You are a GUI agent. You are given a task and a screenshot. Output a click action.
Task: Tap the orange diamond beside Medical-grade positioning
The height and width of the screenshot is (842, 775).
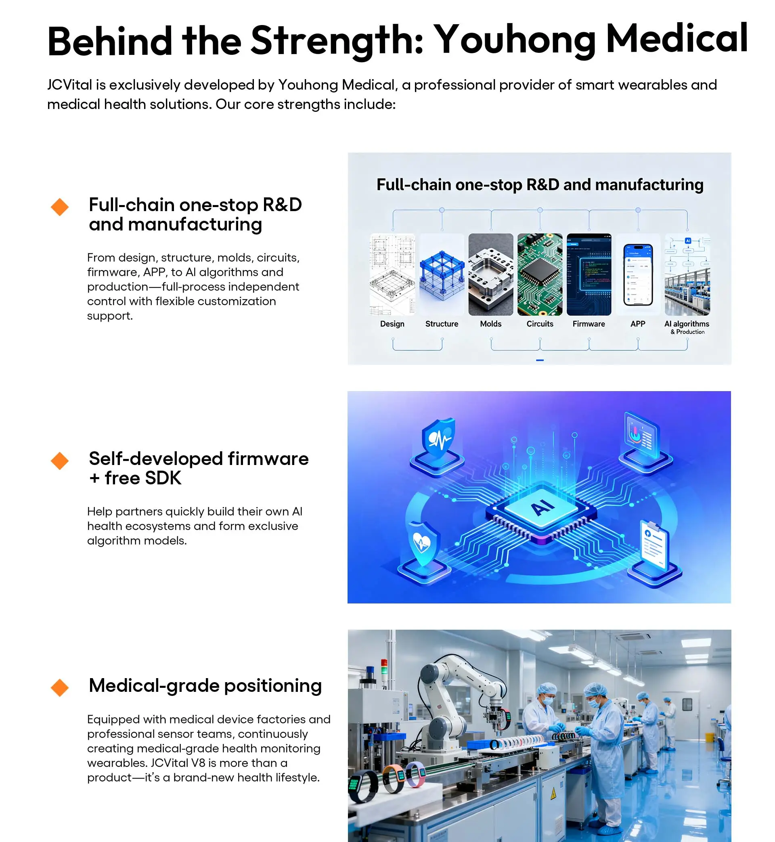click(x=60, y=688)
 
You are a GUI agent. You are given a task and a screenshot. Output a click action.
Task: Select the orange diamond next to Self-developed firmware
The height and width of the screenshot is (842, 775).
click(x=60, y=461)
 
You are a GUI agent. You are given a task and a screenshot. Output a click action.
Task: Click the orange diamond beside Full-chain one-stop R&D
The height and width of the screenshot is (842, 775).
click(x=60, y=207)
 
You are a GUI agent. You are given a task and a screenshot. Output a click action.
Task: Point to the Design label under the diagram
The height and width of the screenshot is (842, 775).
click(x=392, y=324)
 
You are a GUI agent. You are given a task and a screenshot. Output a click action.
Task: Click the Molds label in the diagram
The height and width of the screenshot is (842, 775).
click(x=491, y=324)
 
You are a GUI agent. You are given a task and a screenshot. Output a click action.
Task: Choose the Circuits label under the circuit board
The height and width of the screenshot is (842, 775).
click(x=540, y=324)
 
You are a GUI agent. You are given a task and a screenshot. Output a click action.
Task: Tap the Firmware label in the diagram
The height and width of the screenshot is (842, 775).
click(x=589, y=324)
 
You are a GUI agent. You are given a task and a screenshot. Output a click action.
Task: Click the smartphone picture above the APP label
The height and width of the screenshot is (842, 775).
click(x=638, y=274)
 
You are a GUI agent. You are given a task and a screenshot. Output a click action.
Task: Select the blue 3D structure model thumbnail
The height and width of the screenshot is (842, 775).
click(x=442, y=274)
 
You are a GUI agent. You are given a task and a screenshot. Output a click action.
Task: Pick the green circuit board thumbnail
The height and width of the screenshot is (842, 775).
click(x=540, y=274)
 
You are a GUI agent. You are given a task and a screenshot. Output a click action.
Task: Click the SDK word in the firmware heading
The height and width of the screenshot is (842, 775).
click(x=163, y=478)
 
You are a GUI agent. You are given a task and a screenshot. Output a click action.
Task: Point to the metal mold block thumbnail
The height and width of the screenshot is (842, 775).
click(x=491, y=274)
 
